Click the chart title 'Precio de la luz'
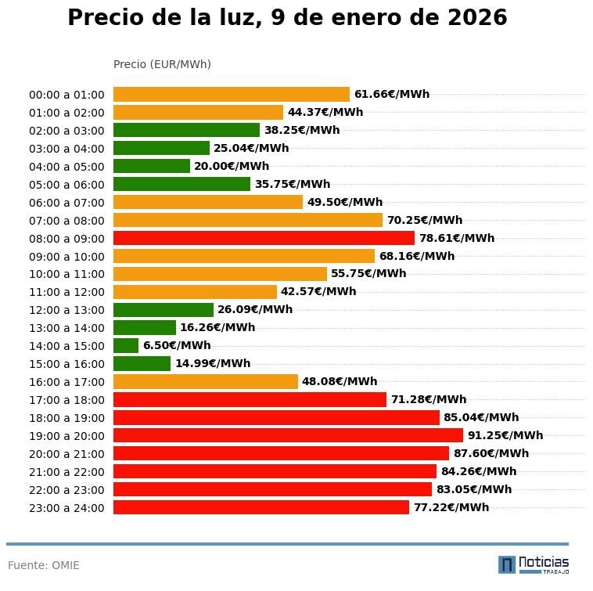click(x=287, y=18)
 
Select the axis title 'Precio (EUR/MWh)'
click(x=162, y=64)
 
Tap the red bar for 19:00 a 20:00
click(x=288, y=435)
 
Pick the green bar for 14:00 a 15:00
click(x=126, y=345)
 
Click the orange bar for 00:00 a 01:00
click(x=232, y=94)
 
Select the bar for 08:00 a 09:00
click(x=264, y=238)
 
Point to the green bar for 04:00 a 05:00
click(x=152, y=166)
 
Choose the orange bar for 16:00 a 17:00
click(x=206, y=381)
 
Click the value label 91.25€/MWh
click(x=505, y=435)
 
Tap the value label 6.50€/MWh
click(x=177, y=345)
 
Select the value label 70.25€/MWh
click(x=424, y=220)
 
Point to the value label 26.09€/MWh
click(x=255, y=309)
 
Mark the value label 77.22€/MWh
click(x=451, y=507)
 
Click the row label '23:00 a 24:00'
click(x=66, y=508)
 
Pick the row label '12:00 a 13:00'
click(x=66, y=310)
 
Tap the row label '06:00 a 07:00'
click(x=66, y=202)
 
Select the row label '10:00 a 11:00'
click(x=66, y=274)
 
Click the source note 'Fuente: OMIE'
click(x=44, y=565)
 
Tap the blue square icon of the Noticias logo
click(x=507, y=564)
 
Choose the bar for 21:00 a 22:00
click(x=275, y=471)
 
